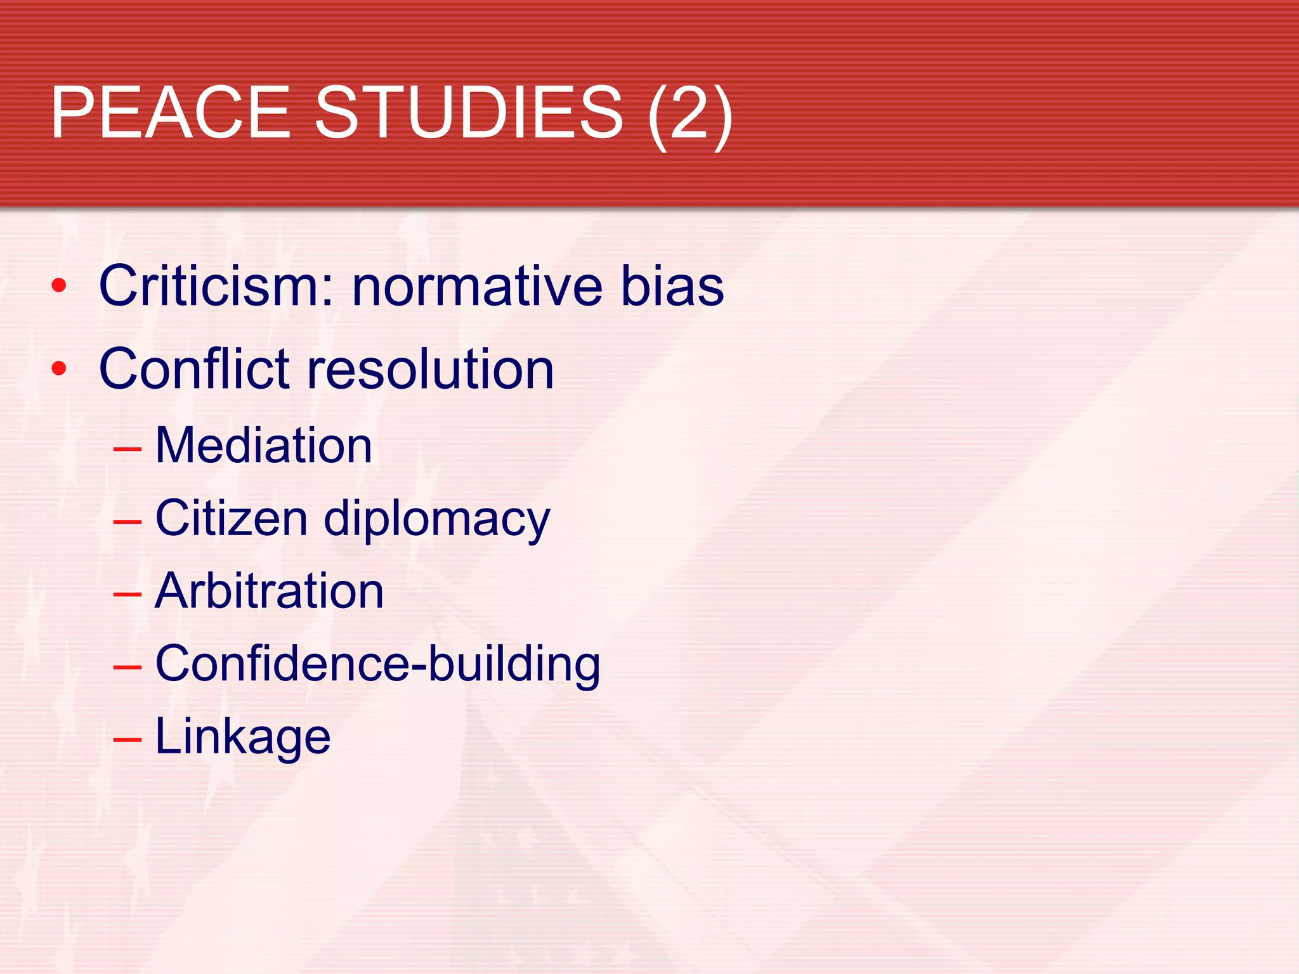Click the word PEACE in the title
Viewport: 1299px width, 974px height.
tap(171, 113)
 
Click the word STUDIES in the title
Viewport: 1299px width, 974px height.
tap(469, 113)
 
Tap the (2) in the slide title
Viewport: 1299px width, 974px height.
tap(690, 114)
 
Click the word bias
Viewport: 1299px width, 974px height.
tap(672, 286)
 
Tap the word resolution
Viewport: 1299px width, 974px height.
tap(431, 369)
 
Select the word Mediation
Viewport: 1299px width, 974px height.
tap(263, 445)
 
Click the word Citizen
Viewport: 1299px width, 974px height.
tap(232, 519)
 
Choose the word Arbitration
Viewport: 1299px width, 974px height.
tap(270, 591)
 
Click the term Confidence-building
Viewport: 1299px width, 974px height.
tap(377, 664)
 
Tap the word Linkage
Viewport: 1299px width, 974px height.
tap(243, 737)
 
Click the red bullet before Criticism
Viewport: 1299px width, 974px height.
tap(59, 286)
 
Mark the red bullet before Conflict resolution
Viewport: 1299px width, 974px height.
tap(59, 368)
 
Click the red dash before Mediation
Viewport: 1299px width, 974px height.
tap(127, 449)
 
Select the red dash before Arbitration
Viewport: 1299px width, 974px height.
tap(127, 595)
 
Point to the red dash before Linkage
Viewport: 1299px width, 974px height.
tap(127, 740)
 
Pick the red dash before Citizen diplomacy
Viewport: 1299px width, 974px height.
tap(127, 522)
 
